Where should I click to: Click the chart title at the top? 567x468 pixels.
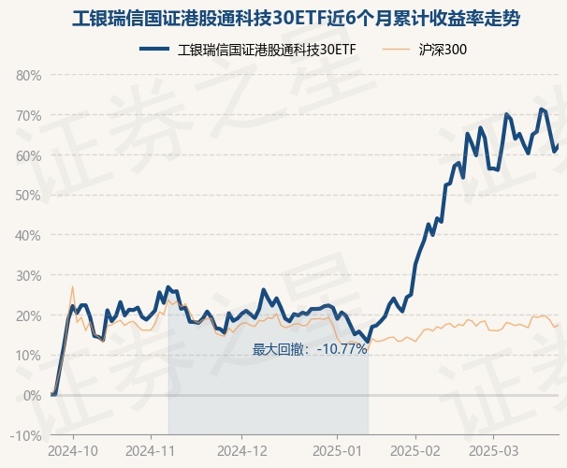tap(283, 18)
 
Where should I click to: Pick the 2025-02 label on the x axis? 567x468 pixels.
tap(414, 449)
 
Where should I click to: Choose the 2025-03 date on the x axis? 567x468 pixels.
tap(494, 449)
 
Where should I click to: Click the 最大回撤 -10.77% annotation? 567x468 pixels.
tap(309, 349)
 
